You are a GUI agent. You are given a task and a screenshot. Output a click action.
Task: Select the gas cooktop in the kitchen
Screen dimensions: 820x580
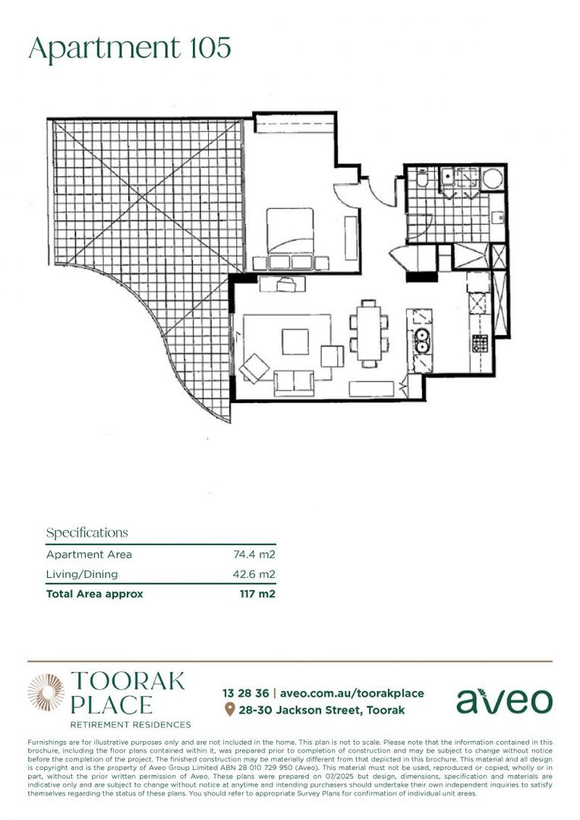481,344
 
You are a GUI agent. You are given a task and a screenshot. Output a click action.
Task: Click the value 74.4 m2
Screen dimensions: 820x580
254,555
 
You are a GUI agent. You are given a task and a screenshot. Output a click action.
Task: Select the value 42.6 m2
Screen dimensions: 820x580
254,574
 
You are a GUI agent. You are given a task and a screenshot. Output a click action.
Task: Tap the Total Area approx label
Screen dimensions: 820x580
94,594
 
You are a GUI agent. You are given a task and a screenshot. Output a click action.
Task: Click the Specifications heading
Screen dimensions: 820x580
87,532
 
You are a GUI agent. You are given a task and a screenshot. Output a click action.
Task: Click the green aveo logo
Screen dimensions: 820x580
503,701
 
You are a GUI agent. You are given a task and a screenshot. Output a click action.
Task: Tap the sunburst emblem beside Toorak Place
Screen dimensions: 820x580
46,692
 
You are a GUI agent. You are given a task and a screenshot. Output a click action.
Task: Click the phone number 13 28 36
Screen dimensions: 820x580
245,693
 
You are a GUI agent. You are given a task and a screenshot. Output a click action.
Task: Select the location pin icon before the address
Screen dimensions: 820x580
229,710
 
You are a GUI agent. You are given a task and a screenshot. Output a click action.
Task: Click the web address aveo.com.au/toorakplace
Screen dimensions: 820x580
351,693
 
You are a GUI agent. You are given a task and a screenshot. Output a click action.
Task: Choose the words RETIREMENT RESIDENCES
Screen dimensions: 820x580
130,725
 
